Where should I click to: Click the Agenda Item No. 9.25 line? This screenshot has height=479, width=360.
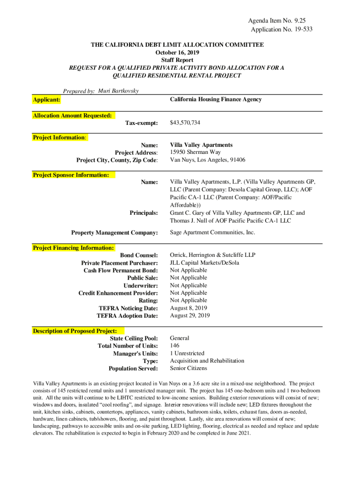pos(280,21)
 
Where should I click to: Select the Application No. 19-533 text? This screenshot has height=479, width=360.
pos(281,29)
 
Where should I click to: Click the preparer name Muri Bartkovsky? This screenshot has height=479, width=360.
pos(118,91)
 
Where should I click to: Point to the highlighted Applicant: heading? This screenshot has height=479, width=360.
pos(47,100)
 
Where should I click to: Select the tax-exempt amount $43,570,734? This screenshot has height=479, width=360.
pos(185,123)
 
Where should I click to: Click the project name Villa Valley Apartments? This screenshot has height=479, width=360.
pos(201,145)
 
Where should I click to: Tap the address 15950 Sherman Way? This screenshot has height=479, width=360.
pos(195,152)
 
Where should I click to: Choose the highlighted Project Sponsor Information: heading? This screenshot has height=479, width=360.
pos(71,175)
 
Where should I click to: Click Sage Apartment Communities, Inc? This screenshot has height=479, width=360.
pos(212,232)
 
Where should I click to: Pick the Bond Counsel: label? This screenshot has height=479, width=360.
pos(139,255)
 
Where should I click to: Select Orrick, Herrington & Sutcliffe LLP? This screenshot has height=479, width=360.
pos(212,255)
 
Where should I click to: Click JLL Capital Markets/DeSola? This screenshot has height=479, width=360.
pos(204,263)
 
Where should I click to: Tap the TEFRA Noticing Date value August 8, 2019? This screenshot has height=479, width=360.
pos(188,308)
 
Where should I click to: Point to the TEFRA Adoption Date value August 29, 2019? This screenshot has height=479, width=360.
pos(190,316)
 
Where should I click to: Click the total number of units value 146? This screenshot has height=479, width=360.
pos(175,346)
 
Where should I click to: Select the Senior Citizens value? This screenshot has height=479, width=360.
pos(188,368)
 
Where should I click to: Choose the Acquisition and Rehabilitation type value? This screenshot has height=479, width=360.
pos(207,361)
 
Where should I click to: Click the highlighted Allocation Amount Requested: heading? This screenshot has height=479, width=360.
pos(72,116)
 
